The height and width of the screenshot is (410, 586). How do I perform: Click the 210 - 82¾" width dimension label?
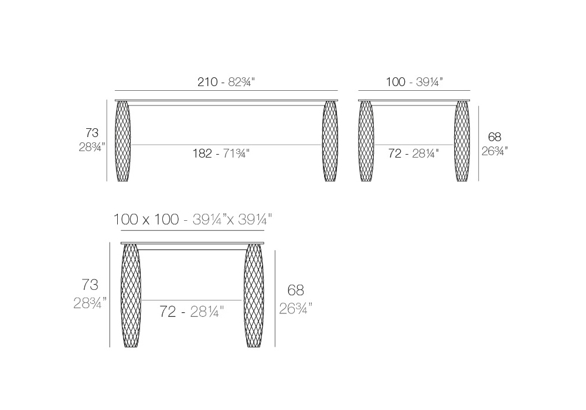pyautogui.click(x=226, y=82)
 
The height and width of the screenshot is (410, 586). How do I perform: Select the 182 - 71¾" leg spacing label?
pyautogui.click(x=221, y=153)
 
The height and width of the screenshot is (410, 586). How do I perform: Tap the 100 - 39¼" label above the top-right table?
pyautogui.click(x=414, y=82)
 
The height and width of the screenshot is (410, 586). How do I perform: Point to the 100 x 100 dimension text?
pyautogui.click(x=146, y=219)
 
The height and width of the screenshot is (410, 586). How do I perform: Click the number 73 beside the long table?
pyautogui.click(x=92, y=132)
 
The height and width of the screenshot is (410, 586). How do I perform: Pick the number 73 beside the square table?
pyautogui.click(x=90, y=285)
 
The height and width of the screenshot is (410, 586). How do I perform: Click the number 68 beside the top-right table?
pyautogui.click(x=495, y=136)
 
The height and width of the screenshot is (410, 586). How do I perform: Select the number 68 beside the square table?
pyautogui.click(x=295, y=290)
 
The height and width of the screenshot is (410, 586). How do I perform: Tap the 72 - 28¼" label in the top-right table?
pyautogui.click(x=413, y=153)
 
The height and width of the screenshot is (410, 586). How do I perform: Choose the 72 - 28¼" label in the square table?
pyautogui.click(x=192, y=311)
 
